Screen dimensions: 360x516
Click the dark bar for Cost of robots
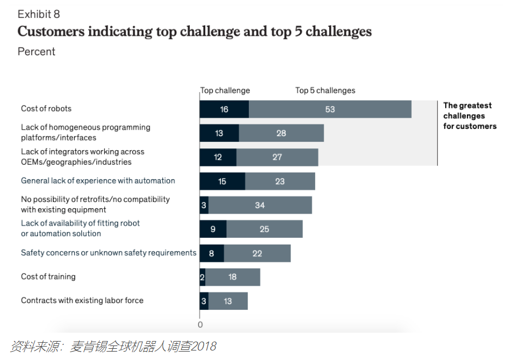[x=224, y=109]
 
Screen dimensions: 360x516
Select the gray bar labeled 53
[x=330, y=109]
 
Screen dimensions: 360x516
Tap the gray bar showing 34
[x=260, y=205]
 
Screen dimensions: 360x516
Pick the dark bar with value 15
[x=223, y=181]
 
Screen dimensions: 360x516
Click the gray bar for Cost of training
[x=233, y=277]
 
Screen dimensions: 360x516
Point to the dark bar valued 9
[x=213, y=229]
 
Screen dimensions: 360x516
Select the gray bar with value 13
[x=228, y=301]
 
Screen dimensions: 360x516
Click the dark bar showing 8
[x=212, y=253]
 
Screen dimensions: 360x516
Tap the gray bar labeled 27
[x=277, y=157]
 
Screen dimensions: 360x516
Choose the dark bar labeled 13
[x=219, y=133]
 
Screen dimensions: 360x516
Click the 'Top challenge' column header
[x=225, y=90]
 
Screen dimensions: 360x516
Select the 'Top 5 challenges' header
[x=325, y=90]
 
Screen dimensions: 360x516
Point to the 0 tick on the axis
[x=200, y=325]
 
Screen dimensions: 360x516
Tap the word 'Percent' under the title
[x=36, y=52]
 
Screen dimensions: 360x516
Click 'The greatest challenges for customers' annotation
[x=470, y=116]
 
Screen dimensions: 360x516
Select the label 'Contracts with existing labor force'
[x=82, y=301]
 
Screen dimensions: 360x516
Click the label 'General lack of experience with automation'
[x=98, y=181]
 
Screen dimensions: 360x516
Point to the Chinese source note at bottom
[x=113, y=347]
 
